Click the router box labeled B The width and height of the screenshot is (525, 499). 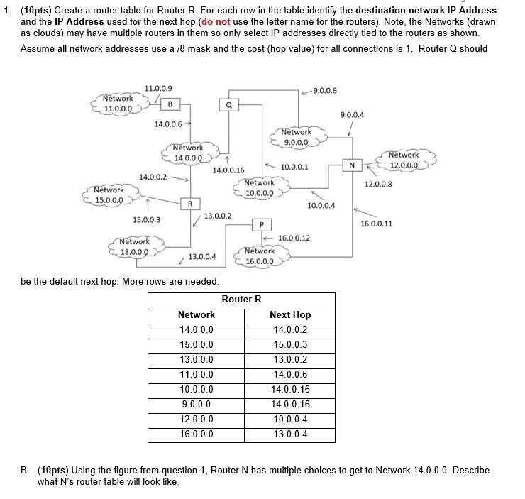click(170, 104)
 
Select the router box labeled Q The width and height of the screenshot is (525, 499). click(228, 104)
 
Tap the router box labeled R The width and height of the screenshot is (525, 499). click(189, 204)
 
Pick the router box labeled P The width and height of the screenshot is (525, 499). click(261, 225)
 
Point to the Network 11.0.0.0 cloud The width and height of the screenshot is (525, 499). click(118, 104)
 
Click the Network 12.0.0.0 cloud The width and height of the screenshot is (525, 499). click(404, 160)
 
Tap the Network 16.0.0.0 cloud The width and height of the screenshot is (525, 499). click(260, 256)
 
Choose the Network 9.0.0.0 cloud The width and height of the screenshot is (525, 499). click(297, 137)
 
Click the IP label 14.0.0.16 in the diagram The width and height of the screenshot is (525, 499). click(228, 170)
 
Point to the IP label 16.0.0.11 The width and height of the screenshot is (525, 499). click(376, 224)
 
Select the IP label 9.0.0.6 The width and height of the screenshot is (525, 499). click(325, 90)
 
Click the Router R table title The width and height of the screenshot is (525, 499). click(241, 299)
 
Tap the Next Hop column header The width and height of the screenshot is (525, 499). click(290, 314)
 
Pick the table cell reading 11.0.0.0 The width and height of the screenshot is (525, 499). click(197, 374)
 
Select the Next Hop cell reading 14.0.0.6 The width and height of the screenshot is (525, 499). click(290, 374)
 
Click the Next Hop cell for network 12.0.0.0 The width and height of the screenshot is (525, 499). click(290, 419)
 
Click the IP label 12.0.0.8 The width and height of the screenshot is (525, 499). click(378, 185)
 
